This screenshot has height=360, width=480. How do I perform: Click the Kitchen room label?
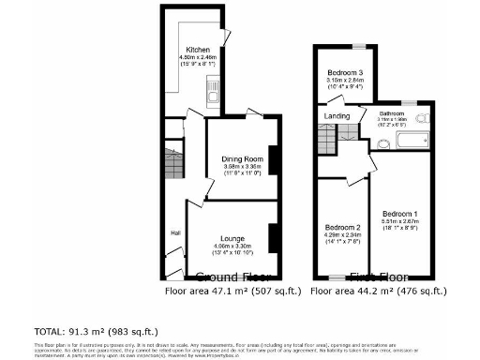click(x=197, y=50)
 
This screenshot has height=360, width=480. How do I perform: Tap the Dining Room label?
click(x=242, y=159)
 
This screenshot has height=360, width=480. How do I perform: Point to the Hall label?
click(x=174, y=232)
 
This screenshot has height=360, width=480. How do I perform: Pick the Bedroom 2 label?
click(x=343, y=227)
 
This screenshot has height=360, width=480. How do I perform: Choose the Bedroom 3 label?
click(x=346, y=72)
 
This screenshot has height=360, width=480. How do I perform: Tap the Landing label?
click(x=337, y=116)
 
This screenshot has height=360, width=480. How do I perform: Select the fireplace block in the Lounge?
click(x=274, y=238)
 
